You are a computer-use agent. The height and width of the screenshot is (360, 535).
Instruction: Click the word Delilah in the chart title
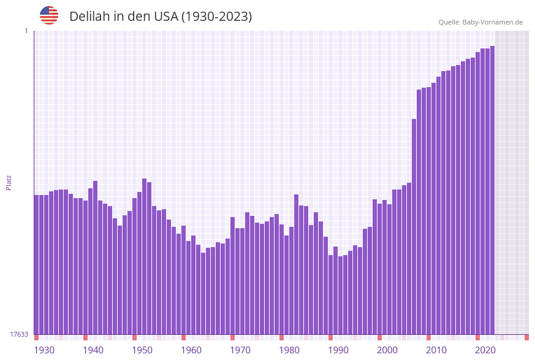click(x=89, y=17)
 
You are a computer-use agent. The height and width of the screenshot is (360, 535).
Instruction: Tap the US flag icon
click(x=49, y=15)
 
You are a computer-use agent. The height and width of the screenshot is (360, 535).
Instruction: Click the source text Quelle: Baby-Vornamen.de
click(x=480, y=22)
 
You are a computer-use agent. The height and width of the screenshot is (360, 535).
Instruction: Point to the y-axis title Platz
click(x=9, y=182)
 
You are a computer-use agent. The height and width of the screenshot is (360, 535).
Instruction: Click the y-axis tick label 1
click(x=26, y=31)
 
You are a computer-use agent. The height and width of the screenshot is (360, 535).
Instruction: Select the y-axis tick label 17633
click(x=19, y=334)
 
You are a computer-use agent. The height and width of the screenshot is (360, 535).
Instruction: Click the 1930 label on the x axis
click(x=44, y=350)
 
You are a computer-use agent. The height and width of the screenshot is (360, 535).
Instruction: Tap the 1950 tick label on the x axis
click(x=142, y=350)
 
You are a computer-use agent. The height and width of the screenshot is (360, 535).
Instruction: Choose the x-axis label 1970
click(x=240, y=350)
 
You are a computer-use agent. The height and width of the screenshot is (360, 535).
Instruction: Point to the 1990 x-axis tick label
click(x=338, y=350)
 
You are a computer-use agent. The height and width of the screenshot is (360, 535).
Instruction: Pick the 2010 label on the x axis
click(x=436, y=350)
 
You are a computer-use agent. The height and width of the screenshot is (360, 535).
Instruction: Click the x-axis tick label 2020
click(x=485, y=350)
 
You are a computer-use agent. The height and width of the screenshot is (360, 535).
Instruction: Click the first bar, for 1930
click(x=36, y=264)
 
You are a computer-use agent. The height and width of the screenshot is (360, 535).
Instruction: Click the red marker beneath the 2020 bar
click(x=477, y=337)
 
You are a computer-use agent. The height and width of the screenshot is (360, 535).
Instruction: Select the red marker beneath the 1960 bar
click(x=183, y=337)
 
